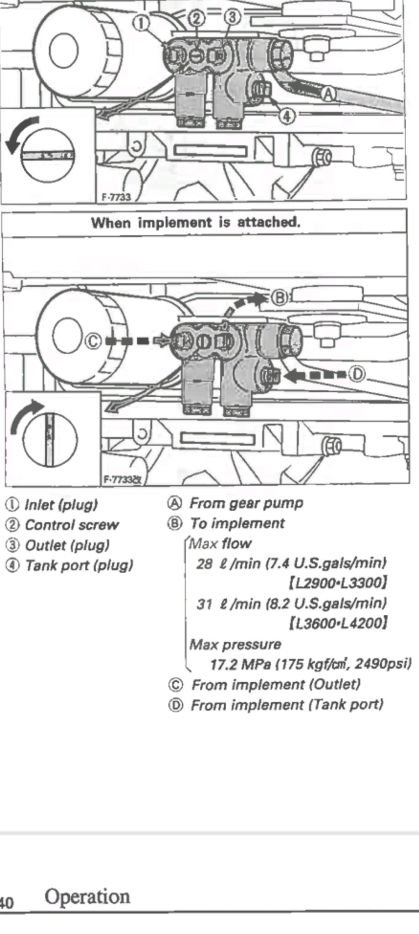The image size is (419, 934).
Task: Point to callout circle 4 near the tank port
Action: [286, 116]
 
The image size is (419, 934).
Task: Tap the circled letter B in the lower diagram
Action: [280, 298]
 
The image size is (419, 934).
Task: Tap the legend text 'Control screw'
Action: [72, 525]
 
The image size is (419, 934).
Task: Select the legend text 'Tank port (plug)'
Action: [79, 566]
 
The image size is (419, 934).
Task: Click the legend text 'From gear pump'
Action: [246, 503]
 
